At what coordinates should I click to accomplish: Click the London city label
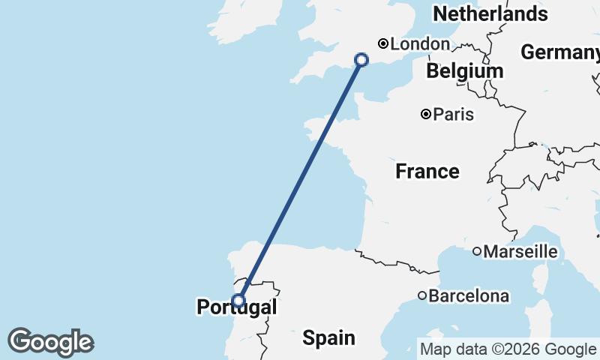[x=420, y=44]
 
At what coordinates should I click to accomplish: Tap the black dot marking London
[x=382, y=43]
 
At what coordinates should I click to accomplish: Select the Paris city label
[x=454, y=115]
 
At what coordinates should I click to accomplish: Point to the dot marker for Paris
[x=426, y=115]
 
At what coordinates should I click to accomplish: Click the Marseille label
[x=520, y=252]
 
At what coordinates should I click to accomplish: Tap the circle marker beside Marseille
[x=476, y=251]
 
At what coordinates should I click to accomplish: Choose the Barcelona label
[x=469, y=296]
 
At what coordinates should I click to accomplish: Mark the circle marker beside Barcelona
[x=422, y=296]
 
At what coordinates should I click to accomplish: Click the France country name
[x=427, y=172]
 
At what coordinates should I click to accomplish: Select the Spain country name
[x=328, y=338]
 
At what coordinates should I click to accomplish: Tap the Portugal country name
[x=236, y=307]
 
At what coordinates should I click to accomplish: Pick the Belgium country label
[x=464, y=71]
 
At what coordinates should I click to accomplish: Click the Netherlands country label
[x=490, y=13]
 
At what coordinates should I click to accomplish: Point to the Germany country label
[x=559, y=52]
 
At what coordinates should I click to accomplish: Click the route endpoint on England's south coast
[x=361, y=60]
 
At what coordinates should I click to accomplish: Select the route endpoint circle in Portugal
[x=238, y=301]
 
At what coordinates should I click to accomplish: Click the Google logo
[x=50, y=342]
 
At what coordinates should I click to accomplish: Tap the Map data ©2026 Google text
[x=507, y=349]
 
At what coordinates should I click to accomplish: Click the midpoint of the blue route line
[x=300, y=180]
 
